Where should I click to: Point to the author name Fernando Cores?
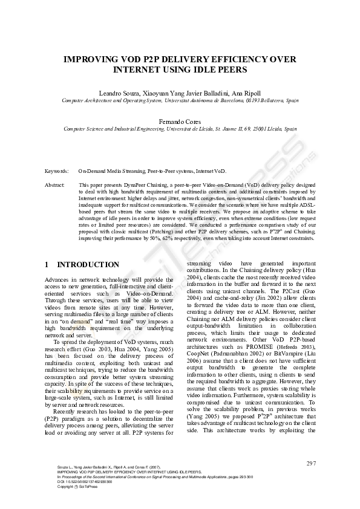click(x=180, y=121)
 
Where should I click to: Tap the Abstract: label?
click(x=55, y=184)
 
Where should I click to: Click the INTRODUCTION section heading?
click(x=88, y=265)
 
